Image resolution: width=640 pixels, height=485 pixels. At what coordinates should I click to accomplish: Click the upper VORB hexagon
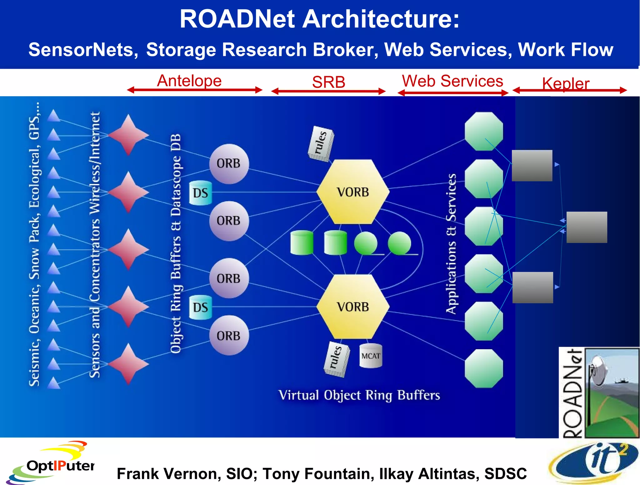coord(353,192)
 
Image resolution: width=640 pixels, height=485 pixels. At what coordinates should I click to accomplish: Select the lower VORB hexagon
coord(353,307)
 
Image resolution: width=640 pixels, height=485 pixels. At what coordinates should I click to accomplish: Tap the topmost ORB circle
coord(229,164)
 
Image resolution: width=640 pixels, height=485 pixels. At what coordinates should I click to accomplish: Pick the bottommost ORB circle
coord(229,335)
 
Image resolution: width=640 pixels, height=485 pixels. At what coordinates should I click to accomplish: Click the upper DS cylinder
coord(200,193)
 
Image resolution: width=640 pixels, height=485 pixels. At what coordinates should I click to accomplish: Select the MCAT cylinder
coord(371,356)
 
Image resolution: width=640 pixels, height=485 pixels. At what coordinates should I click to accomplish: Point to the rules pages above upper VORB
coord(321,144)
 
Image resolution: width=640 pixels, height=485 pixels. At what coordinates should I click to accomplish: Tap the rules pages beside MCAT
coord(336,359)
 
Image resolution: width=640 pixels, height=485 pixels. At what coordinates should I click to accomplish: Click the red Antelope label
coord(189,81)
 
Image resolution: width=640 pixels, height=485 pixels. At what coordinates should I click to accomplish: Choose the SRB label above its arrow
coord(328,82)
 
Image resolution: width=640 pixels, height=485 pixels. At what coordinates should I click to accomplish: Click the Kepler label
coord(565,84)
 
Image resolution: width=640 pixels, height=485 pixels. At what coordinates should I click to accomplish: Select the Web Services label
coord(452,81)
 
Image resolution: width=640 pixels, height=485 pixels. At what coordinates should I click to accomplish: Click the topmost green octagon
coord(483,131)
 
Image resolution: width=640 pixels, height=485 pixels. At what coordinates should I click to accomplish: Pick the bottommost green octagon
coord(483,369)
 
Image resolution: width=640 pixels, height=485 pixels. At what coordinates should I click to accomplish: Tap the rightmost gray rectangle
coord(587,227)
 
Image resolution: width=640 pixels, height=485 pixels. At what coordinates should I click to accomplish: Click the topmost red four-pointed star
coord(128,135)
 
